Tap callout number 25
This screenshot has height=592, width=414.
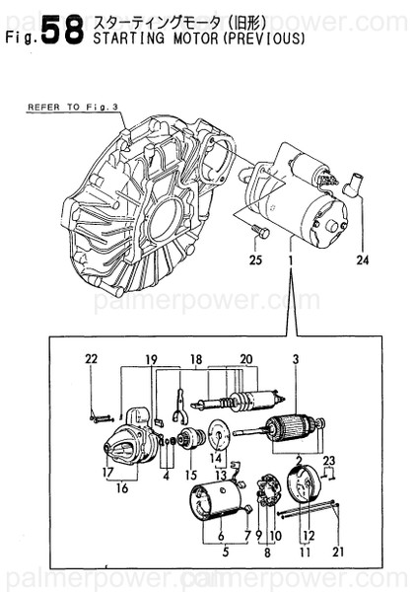click(x=255, y=260)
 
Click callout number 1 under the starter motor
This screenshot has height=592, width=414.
click(x=291, y=260)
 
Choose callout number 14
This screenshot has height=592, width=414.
click(x=216, y=456)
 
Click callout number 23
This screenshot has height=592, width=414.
click(x=329, y=461)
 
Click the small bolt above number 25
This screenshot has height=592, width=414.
click(x=261, y=232)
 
